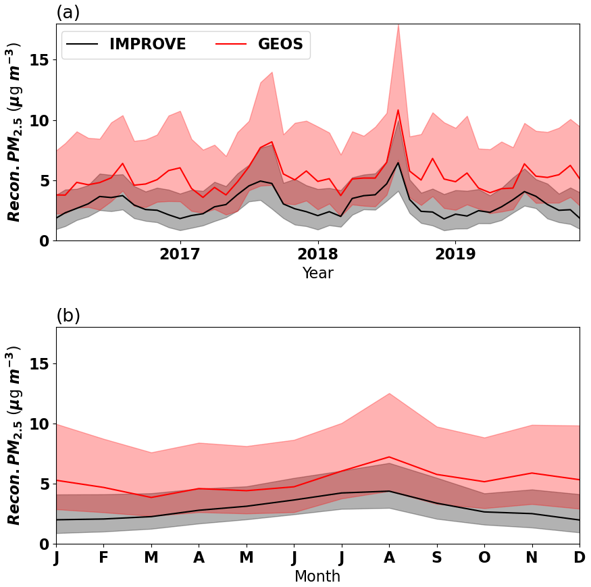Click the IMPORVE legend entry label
(x=147, y=45)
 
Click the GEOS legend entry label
(x=280, y=45)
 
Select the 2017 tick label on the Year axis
(x=180, y=255)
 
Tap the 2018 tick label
(x=317, y=255)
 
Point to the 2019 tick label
(x=455, y=255)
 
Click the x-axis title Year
(x=317, y=273)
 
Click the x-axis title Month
(x=317, y=576)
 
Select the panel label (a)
(x=68, y=12)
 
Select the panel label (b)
(x=68, y=315)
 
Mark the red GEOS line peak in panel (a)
(x=398, y=109)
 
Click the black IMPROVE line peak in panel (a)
(x=398, y=162)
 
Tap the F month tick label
(x=103, y=558)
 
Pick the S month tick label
(x=437, y=558)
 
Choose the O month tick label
(x=484, y=558)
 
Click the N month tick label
(x=532, y=558)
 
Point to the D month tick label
(x=580, y=558)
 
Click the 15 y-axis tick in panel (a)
(x=41, y=59)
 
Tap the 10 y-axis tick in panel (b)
(x=41, y=424)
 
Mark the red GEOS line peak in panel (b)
(x=389, y=457)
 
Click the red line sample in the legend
(x=231, y=45)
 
